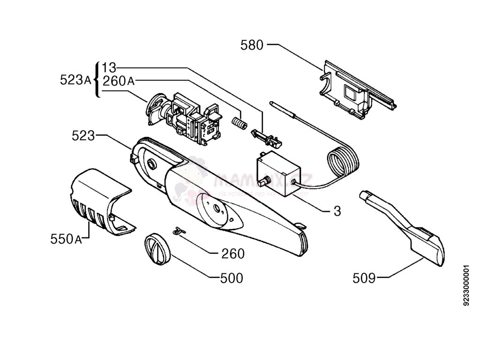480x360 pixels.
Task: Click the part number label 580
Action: click(x=252, y=45)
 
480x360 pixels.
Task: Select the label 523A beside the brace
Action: click(x=75, y=80)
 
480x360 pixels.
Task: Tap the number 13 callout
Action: click(x=109, y=67)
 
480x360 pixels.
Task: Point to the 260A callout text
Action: click(x=118, y=81)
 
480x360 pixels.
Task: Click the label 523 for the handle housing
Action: click(x=83, y=136)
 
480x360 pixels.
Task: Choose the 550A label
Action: click(x=66, y=239)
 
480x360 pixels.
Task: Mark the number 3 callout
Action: click(x=337, y=211)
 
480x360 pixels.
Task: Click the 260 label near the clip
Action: click(x=233, y=254)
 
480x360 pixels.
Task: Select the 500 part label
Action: click(x=232, y=278)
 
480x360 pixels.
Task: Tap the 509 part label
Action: click(x=364, y=278)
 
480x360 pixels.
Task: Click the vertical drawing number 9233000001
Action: click(x=466, y=285)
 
